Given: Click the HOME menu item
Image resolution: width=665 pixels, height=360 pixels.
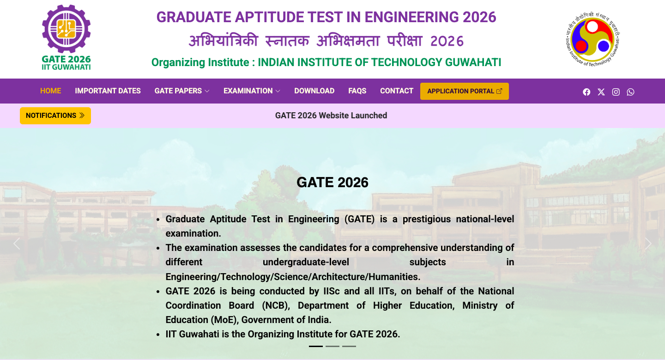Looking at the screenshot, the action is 50,91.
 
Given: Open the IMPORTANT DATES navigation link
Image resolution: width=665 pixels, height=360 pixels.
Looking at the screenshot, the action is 108,91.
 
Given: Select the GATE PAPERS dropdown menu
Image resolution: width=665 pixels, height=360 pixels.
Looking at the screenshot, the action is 181,91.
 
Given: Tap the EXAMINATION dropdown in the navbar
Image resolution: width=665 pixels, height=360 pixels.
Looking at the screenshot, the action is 252,91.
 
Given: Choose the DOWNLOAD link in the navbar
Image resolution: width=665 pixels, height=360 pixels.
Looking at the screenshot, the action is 314,91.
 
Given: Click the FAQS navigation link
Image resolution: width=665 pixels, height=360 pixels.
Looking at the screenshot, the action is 357,91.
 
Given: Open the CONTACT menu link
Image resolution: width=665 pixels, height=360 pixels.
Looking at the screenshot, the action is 397,91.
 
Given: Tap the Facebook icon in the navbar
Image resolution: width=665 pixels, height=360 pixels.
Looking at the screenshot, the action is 586,92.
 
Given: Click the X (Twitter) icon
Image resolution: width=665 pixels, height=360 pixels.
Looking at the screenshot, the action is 601,92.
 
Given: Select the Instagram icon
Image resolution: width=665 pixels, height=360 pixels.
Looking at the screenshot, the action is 616,92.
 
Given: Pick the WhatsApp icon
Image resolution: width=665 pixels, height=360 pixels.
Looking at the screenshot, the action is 630,92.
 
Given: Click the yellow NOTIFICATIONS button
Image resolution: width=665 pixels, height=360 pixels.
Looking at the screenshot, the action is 55,116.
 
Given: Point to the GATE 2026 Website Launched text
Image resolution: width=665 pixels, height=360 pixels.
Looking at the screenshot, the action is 331,115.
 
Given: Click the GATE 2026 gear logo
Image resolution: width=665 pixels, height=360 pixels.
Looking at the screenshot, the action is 66,37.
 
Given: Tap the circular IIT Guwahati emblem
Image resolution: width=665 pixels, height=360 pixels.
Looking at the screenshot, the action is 592,39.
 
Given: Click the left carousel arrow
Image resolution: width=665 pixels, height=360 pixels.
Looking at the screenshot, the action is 17,244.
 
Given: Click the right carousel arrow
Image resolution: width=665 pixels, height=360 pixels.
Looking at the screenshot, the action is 648,244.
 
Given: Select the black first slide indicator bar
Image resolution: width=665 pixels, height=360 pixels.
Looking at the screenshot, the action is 315,346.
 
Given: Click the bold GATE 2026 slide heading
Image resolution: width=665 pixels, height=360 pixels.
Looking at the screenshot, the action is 332,183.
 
